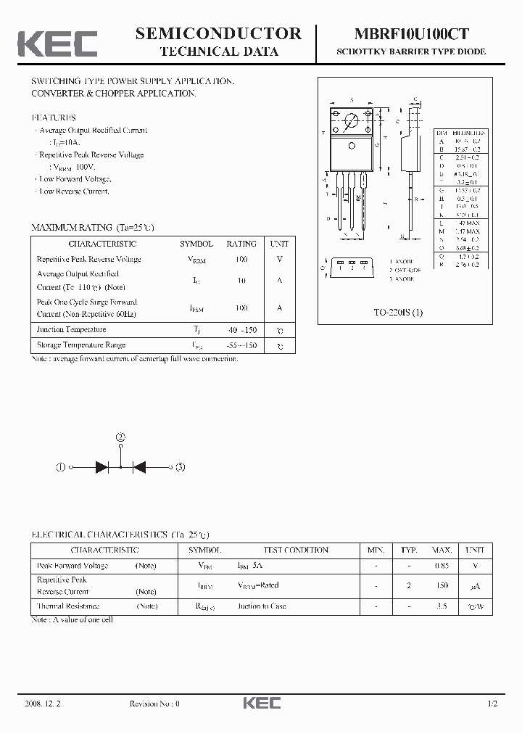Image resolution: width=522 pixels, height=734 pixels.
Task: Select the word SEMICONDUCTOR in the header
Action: coord(218,33)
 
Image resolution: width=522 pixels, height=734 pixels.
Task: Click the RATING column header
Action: coord(241,244)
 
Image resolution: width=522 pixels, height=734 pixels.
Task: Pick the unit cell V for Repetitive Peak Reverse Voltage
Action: coord(280,260)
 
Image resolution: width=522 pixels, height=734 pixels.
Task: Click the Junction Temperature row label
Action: coord(71,330)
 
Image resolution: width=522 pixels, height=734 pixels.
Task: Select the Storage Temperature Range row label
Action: coord(81,345)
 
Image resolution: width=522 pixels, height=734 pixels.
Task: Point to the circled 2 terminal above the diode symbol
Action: coord(120,437)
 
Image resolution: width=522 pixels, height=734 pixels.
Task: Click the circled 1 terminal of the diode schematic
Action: coord(61,468)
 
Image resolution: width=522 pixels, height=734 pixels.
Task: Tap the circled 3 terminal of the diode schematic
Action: coord(181,468)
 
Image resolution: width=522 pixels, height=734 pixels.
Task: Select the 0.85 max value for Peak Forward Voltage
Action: coord(442,566)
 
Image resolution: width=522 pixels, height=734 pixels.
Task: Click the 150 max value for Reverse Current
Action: coord(442,585)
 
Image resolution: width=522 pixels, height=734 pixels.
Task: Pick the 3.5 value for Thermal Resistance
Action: coord(442,606)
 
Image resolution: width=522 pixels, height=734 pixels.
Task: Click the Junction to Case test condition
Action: coord(261,606)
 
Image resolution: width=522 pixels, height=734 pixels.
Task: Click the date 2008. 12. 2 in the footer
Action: coord(45,704)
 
